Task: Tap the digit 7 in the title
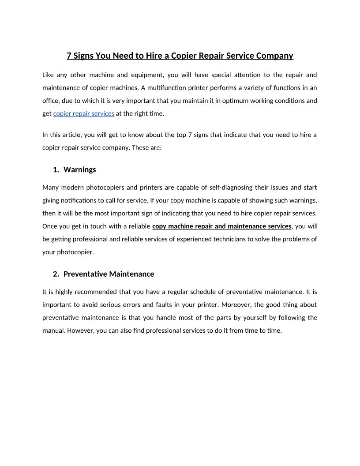pyautogui.click(x=69, y=56)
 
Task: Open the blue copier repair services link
pyautogui.click(x=84, y=113)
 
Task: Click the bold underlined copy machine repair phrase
pyautogui.click(x=221, y=226)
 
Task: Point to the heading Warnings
pyautogui.click(x=80, y=169)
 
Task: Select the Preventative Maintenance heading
pyautogui.click(x=109, y=274)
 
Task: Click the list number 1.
pyautogui.click(x=56, y=169)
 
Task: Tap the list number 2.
pyautogui.click(x=56, y=274)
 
